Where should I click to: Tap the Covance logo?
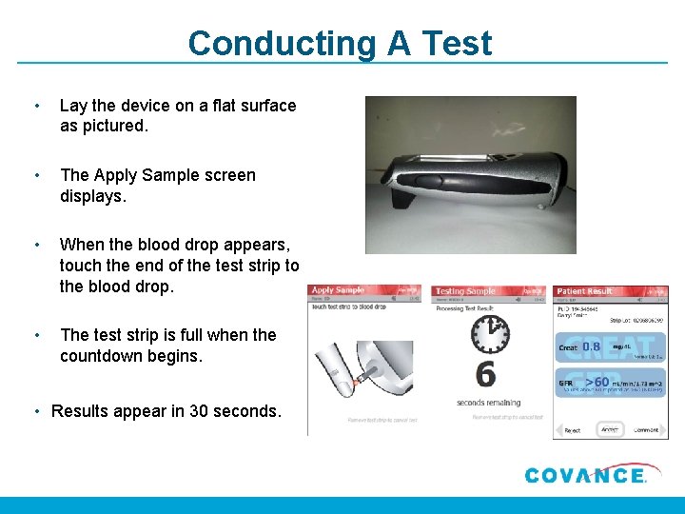click(x=585, y=475)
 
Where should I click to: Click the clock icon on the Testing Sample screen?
click(x=490, y=334)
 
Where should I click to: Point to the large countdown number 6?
click(x=486, y=374)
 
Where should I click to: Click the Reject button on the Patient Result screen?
click(x=572, y=430)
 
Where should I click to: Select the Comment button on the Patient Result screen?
click(x=647, y=430)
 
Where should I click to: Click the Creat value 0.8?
click(x=591, y=347)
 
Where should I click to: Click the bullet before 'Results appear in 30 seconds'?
click(x=36, y=411)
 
